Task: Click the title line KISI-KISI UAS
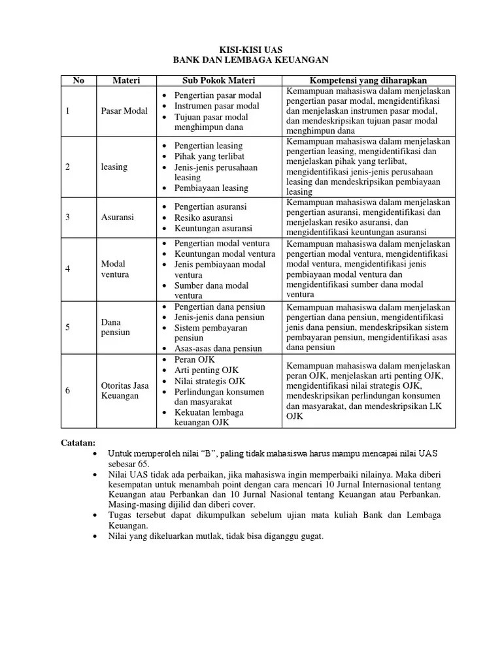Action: pyautogui.click(x=250, y=49)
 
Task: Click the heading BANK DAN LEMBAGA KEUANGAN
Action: pyautogui.click(x=250, y=60)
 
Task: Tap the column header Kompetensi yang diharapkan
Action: pyautogui.click(x=369, y=80)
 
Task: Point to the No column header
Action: pyautogui.click(x=78, y=80)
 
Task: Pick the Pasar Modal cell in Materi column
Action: pyautogui.click(x=124, y=111)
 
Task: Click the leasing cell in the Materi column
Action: pyautogui.click(x=114, y=167)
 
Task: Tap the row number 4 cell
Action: pyautogui.click(x=68, y=269)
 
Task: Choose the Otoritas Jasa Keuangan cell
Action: pyautogui.click(x=125, y=391)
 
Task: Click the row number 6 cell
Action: pyautogui.click(x=68, y=391)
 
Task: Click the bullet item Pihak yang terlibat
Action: pyautogui.click(x=209, y=156)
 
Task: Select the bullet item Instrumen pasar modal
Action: pyautogui.click(x=216, y=106)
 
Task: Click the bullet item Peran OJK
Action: pyautogui.click(x=195, y=359)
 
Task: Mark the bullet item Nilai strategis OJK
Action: pyautogui.click(x=210, y=380)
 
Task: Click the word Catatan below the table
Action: pyautogui.click(x=78, y=442)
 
